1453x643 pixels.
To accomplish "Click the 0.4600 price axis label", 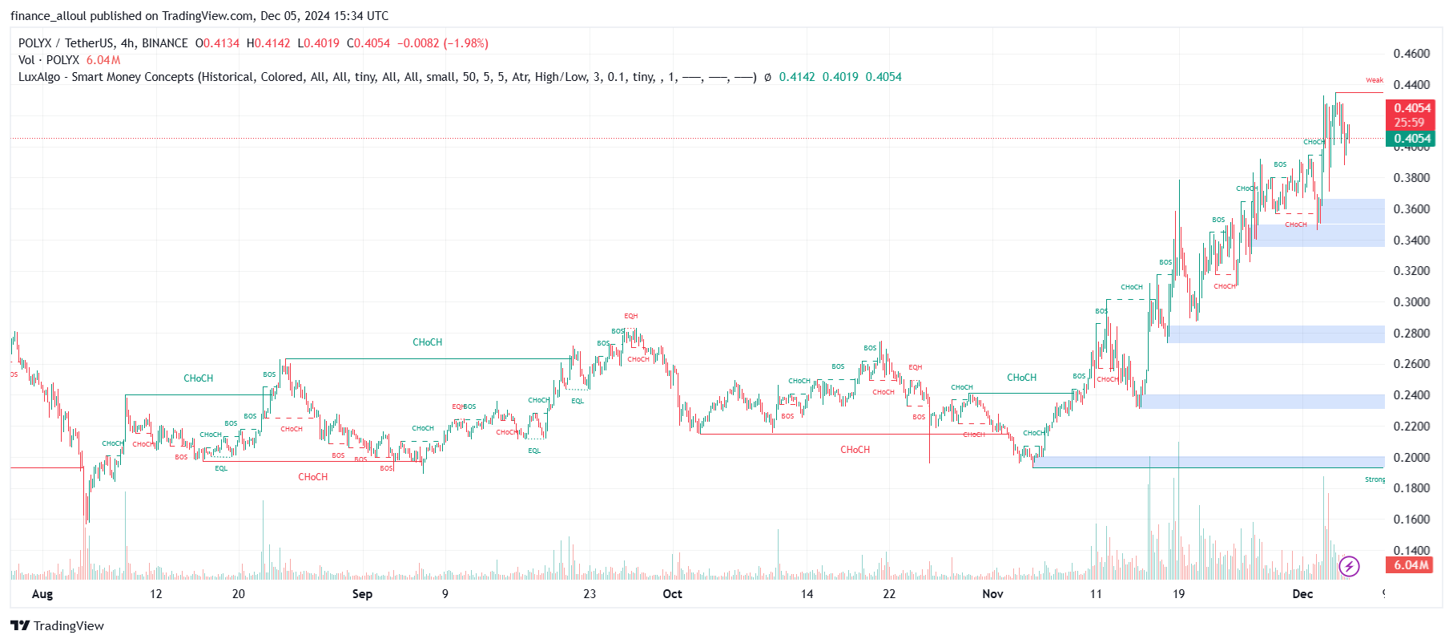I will (1411, 54).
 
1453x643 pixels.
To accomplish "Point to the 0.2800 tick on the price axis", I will (1411, 334).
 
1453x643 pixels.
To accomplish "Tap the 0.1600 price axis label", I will (1411, 520).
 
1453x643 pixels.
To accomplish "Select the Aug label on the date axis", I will (42, 594).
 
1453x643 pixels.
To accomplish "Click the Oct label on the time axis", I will (672, 594).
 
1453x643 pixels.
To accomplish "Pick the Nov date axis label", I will (992, 594).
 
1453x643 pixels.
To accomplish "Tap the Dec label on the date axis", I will (1302, 594).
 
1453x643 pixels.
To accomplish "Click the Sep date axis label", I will (362, 594).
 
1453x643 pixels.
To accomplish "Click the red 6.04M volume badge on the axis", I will (1411, 565).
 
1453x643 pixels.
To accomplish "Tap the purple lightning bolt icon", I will (1349, 567).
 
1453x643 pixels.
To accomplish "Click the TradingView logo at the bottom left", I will (58, 626).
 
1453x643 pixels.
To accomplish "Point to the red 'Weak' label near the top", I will (1375, 80).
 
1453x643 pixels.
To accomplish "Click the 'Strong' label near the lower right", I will (1375, 479).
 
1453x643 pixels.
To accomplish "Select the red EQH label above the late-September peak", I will (631, 316).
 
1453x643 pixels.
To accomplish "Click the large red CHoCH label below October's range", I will (855, 450).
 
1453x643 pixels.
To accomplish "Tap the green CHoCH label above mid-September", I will (427, 342).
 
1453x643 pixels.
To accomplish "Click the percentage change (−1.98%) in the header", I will (466, 43).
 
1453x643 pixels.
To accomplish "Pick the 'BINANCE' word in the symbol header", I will (164, 43).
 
